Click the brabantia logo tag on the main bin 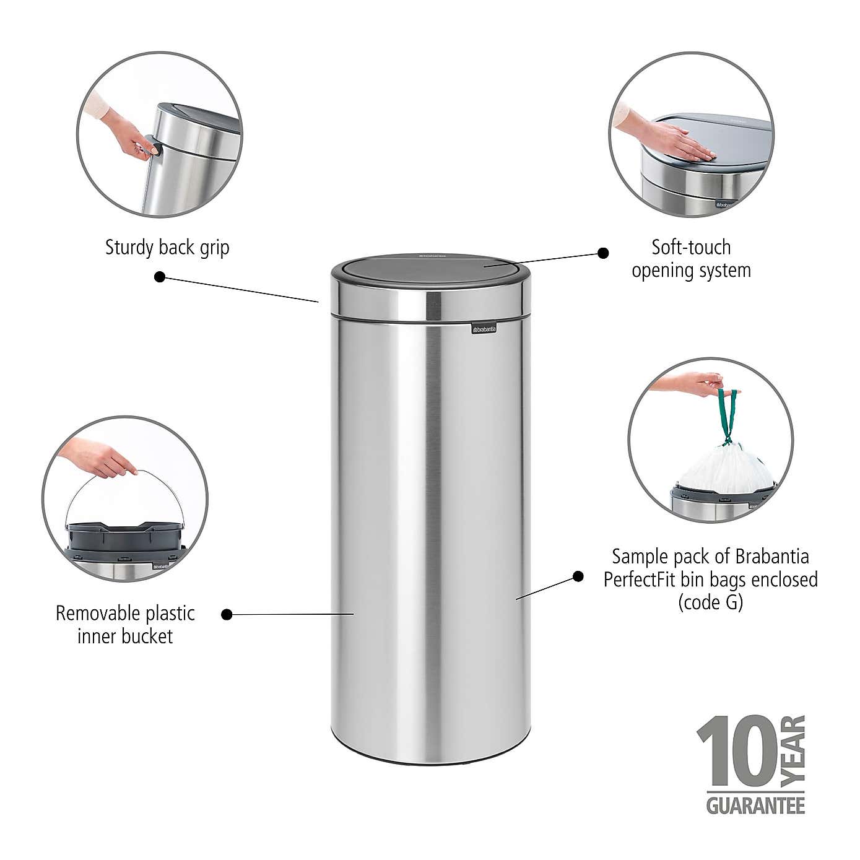tap(484, 329)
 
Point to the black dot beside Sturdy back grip tap(160, 277)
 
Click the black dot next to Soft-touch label tap(602, 253)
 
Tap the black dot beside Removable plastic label tap(227, 614)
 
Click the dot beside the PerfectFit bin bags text tap(578, 576)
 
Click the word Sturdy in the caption tap(129, 248)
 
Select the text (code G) tap(710, 602)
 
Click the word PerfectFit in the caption tap(642, 580)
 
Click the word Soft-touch tap(691, 247)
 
